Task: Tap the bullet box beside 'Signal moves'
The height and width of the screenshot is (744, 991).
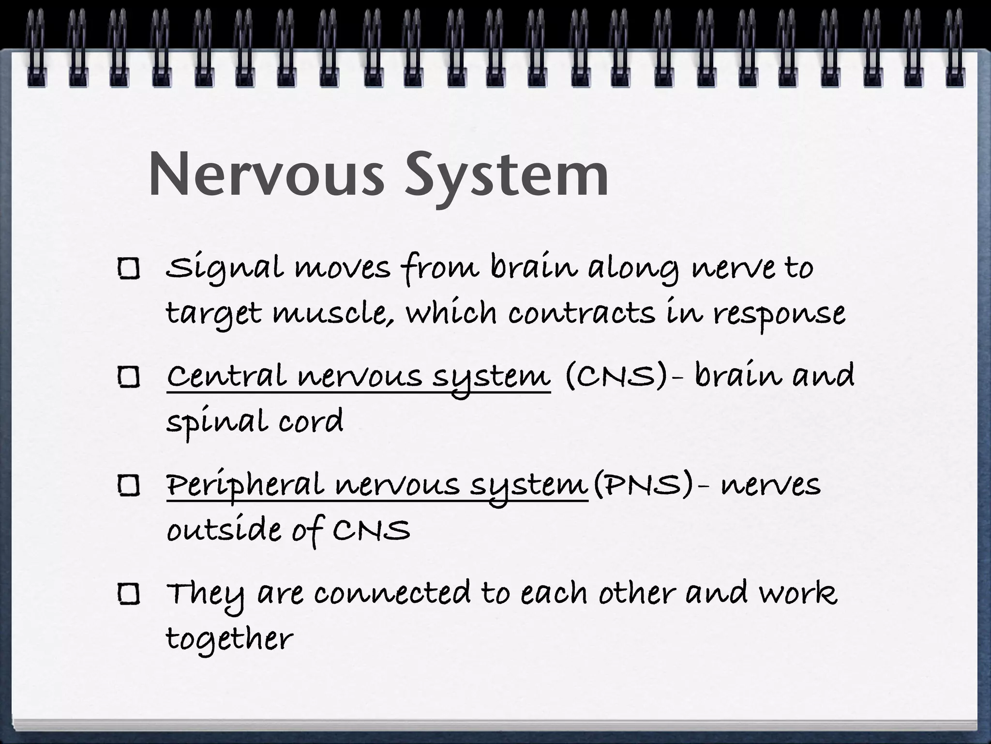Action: click(129, 269)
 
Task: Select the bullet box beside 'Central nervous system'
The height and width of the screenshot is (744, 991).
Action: click(129, 377)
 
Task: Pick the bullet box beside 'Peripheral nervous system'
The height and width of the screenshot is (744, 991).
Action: click(129, 486)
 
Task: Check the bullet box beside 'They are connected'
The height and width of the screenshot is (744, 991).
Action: click(129, 594)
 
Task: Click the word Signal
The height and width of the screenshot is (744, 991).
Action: click(224, 269)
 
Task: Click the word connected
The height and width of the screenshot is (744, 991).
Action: click(392, 593)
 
